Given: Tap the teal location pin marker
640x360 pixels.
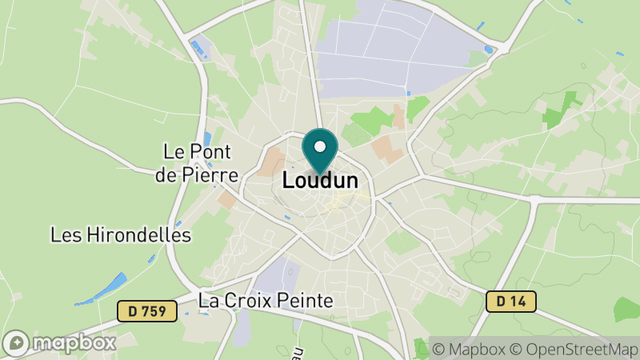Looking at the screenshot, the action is coord(321,152).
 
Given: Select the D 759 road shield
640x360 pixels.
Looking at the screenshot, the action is coord(146,311).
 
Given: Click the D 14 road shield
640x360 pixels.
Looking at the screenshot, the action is coord(510,302).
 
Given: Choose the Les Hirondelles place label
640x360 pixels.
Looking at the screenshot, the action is coord(121,235).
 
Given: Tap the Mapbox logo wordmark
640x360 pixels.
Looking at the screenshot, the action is coord(75,342).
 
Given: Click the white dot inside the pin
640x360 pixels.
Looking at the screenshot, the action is coord(321,146).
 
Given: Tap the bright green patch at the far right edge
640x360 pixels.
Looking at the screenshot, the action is coord(628,309).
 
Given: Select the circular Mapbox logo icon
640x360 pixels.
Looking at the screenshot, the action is coord(17,342).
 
